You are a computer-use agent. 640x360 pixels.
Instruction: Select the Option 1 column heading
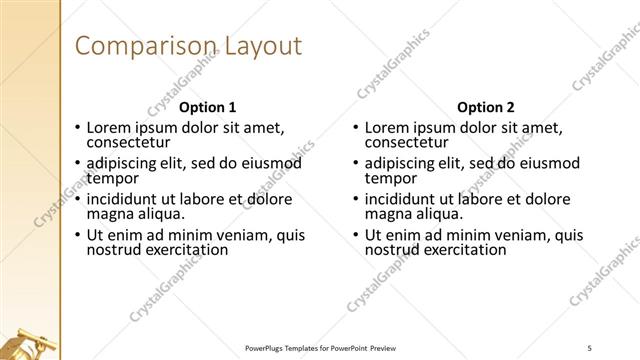coord(207,107)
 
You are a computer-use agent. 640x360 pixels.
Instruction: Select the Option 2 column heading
coord(485,107)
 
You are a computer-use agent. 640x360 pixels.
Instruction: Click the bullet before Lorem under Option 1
coord(77,128)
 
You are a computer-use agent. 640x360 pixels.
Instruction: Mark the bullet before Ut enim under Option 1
coord(77,236)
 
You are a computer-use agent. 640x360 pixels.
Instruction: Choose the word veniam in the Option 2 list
coord(511,236)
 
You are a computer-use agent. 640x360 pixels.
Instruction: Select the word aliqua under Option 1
coord(154,214)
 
